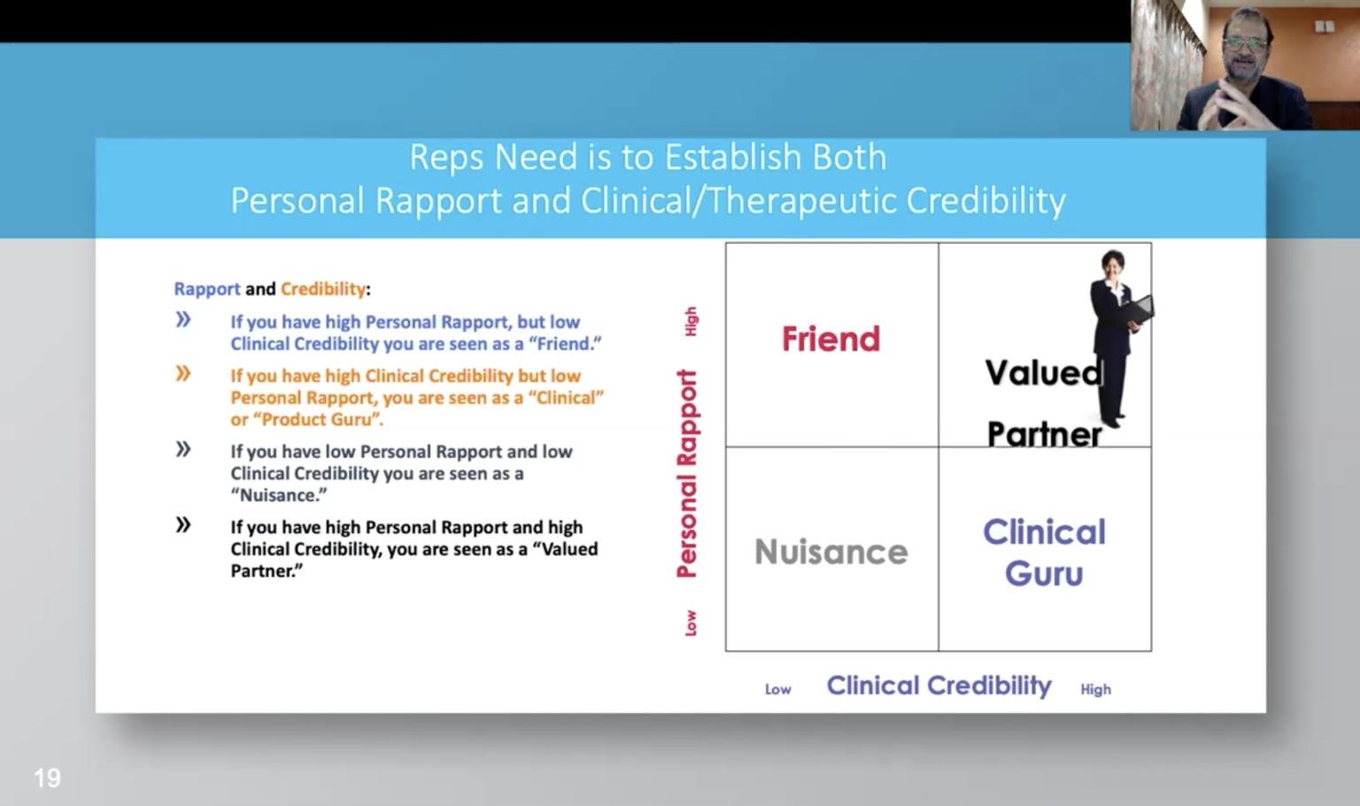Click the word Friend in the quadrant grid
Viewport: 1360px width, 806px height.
click(x=831, y=339)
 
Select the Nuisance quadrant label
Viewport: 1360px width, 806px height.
click(x=831, y=552)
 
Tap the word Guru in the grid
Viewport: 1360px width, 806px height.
click(x=1044, y=574)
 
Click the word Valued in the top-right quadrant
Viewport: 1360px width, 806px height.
click(x=1043, y=372)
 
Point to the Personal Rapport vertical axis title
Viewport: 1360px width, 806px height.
click(x=687, y=474)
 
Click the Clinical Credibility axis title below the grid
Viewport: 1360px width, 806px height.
click(x=939, y=686)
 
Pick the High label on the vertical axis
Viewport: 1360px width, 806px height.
click(x=691, y=322)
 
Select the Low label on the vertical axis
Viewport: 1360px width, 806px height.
click(x=691, y=624)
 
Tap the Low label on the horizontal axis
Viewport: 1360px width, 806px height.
click(x=777, y=689)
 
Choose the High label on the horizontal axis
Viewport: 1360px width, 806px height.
click(x=1095, y=689)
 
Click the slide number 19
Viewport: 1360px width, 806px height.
click(x=47, y=778)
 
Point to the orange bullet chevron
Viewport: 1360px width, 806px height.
click(x=183, y=374)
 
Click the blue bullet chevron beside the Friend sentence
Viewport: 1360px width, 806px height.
click(x=183, y=320)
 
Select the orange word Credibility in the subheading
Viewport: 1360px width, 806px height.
click(x=323, y=289)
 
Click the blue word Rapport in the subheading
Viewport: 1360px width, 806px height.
click(x=207, y=289)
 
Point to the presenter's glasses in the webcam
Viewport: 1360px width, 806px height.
click(x=1246, y=43)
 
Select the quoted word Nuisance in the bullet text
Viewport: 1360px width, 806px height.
click(x=279, y=496)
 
